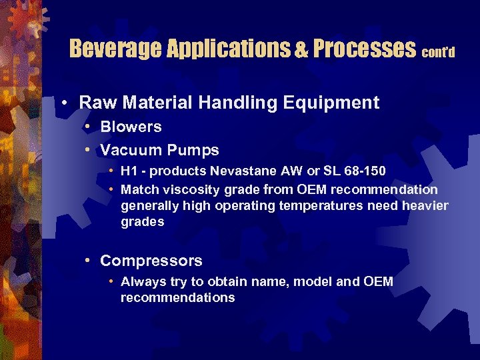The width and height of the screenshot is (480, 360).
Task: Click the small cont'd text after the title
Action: point(439,52)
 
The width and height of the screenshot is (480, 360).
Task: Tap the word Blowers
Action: point(131,127)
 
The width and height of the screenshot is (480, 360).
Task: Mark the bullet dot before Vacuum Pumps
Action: point(88,151)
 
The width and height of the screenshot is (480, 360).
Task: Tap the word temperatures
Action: point(321,206)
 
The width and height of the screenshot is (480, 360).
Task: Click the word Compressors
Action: point(151,261)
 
